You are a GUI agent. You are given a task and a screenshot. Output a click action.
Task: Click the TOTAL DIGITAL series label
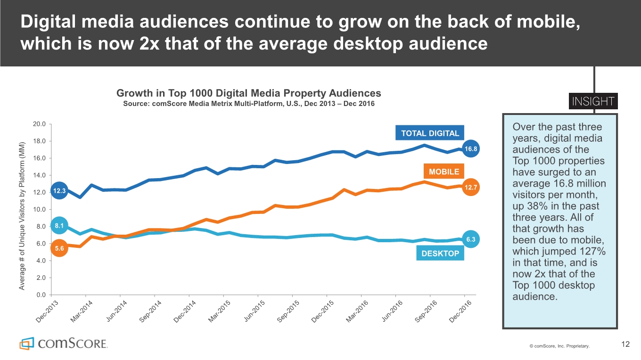430,133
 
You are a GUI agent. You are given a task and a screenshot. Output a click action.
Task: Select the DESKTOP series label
440,254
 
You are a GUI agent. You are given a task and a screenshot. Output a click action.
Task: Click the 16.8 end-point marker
471,149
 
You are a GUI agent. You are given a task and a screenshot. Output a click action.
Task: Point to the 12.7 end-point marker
471,188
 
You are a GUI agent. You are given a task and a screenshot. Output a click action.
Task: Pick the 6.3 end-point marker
471,240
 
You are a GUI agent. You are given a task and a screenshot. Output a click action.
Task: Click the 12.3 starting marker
59,190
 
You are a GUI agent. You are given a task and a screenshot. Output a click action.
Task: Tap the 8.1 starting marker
59,226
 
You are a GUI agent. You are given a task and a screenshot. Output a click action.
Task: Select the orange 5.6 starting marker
59,248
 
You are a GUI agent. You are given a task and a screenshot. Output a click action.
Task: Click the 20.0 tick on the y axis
39,124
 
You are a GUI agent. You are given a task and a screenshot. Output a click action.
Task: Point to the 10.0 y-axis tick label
39,209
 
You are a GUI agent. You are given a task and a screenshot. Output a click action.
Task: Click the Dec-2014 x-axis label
185,311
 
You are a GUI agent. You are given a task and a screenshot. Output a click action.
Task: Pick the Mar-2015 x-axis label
219,311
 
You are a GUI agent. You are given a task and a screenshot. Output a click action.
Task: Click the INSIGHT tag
593,102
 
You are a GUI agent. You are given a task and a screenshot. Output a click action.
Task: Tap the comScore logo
63,343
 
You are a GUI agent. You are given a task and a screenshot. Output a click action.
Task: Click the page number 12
625,344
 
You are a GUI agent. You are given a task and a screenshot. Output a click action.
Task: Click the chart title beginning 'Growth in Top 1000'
248,93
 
